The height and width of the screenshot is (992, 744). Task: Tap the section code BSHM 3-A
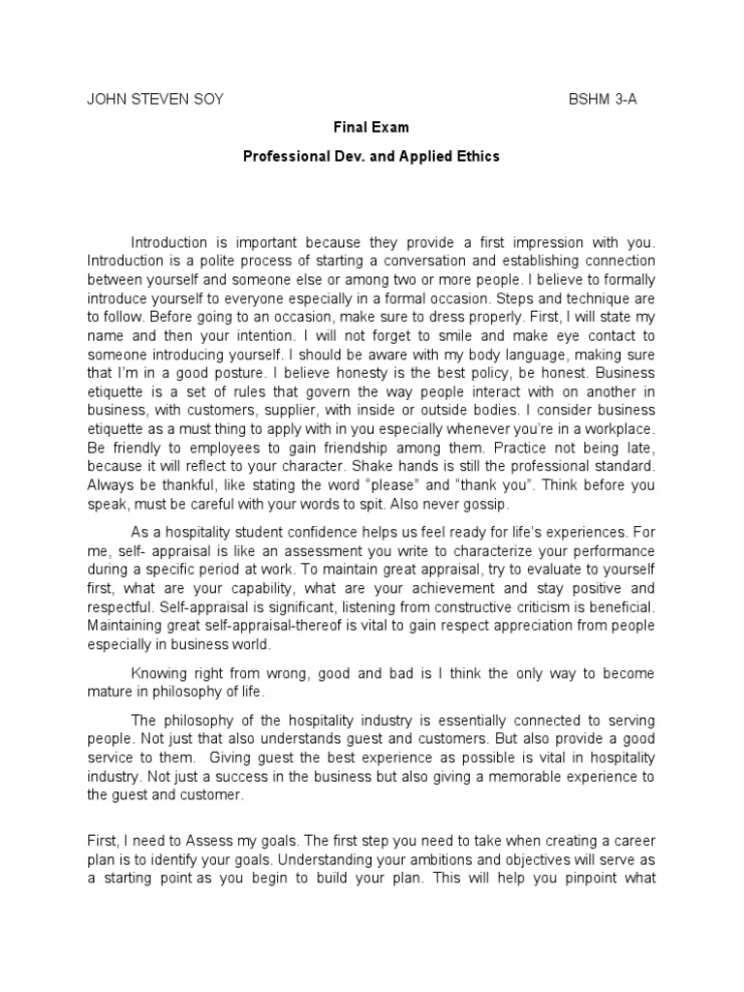click(603, 100)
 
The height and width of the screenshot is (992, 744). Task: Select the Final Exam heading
click(371, 128)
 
